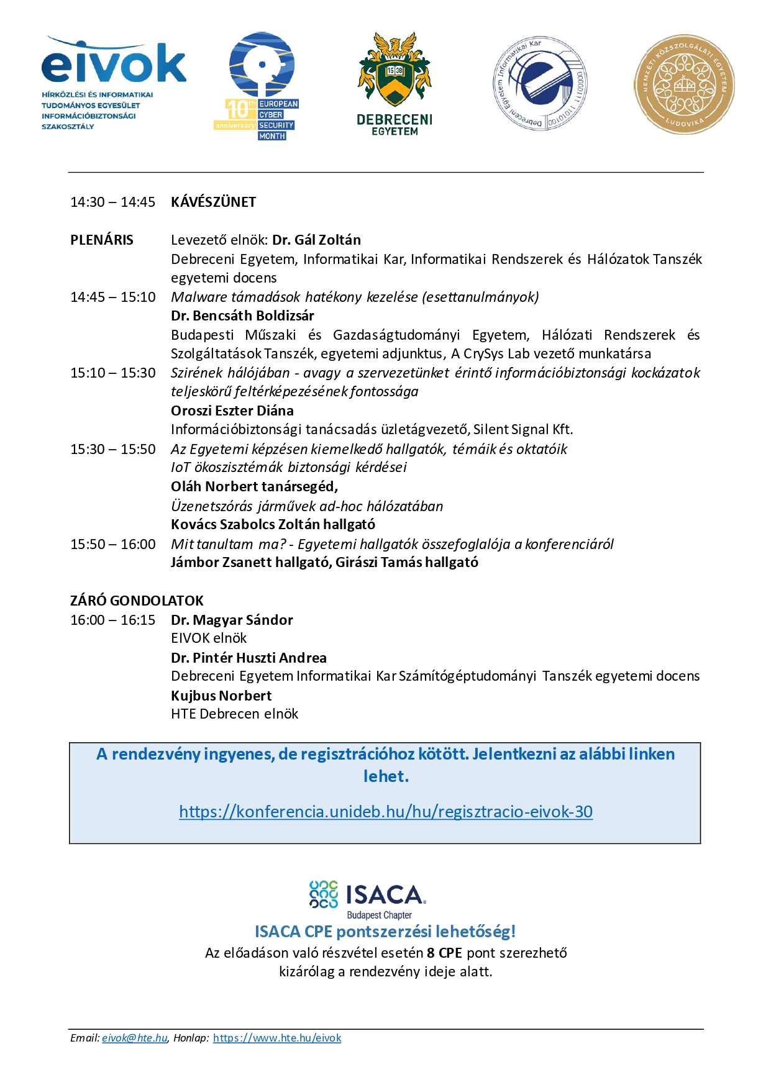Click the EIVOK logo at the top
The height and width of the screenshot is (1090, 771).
point(114,82)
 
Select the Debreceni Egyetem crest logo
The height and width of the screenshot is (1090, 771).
point(394,84)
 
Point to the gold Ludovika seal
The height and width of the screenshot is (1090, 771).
point(684,84)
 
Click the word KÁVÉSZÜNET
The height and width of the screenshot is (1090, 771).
point(213,202)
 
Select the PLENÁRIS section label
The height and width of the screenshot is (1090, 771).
point(102,240)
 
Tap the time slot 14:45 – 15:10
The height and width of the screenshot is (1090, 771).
point(112,297)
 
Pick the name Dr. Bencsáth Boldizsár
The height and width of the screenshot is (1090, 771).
point(242,316)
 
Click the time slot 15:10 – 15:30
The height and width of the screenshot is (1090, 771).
point(112,373)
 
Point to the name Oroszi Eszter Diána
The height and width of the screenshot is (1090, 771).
point(232,411)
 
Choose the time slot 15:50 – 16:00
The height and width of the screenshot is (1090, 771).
point(112,544)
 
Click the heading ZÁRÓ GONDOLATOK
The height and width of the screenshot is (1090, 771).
point(137,601)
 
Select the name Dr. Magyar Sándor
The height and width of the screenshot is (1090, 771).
point(232,620)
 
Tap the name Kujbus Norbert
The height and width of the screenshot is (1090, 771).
point(221,696)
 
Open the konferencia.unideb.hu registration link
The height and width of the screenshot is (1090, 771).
point(385,812)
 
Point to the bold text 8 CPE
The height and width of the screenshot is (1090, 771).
point(444,953)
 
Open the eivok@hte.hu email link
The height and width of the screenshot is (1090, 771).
point(135,1038)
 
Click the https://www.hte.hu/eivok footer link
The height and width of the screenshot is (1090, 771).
point(277,1038)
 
